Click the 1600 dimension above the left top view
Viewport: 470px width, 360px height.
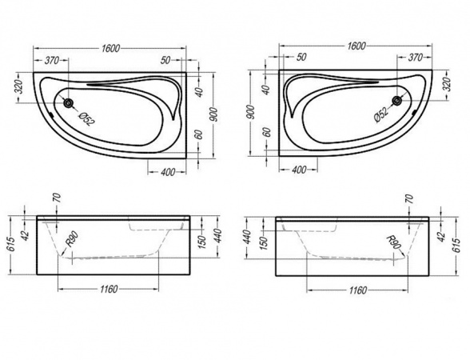(110, 48)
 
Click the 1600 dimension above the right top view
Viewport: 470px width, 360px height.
(356, 46)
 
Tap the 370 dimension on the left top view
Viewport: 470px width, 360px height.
(51, 60)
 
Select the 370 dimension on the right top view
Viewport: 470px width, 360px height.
(416, 57)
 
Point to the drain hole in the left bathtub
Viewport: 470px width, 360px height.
(69, 103)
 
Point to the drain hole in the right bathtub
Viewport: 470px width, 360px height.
(398, 101)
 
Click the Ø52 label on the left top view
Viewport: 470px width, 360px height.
(86, 118)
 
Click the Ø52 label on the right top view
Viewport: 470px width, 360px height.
(381, 114)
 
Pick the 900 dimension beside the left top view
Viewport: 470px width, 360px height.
(213, 115)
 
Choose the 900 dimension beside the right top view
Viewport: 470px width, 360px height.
(251, 113)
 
